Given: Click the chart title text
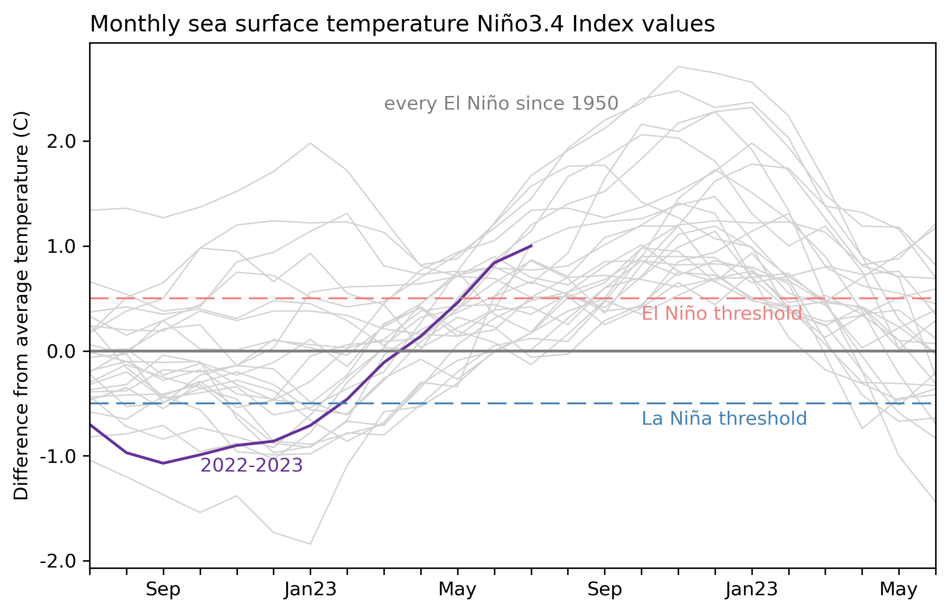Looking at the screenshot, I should tap(402, 25).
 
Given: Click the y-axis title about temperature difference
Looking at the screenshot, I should tap(21, 305).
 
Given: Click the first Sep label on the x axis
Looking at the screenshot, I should tap(163, 590).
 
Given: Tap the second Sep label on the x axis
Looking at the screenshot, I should tap(604, 590).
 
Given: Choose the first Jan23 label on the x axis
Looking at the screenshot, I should tap(310, 590).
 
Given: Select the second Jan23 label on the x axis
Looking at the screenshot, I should tap(751, 590).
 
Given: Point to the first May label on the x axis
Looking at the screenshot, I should tap(457, 590).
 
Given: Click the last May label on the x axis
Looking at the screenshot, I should tap(898, 590).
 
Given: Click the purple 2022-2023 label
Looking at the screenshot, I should tap(252, 466).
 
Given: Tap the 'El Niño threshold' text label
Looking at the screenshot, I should tap(721, 314).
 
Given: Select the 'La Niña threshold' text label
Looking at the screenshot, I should tap(724, 419).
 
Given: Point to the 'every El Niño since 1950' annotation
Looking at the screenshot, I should tap(501, 104).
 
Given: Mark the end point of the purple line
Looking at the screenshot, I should tap(531, 246).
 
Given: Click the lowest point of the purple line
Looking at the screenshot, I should tap(163, 463).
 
